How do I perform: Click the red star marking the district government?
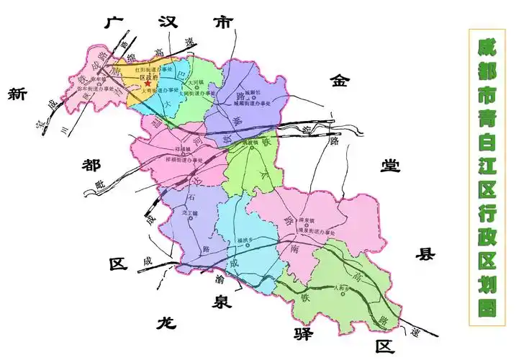click(148, 84)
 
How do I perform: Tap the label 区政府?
click(148, 76)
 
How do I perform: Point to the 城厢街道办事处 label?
click(251, 104)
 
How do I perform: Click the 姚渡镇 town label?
click(248, 143)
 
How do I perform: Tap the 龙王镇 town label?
click(189, 212)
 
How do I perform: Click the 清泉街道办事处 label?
click(317, 232)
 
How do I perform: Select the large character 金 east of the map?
click(339, 81)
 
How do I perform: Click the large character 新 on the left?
click(17, 94)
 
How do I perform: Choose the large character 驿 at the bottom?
click(303, 333)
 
